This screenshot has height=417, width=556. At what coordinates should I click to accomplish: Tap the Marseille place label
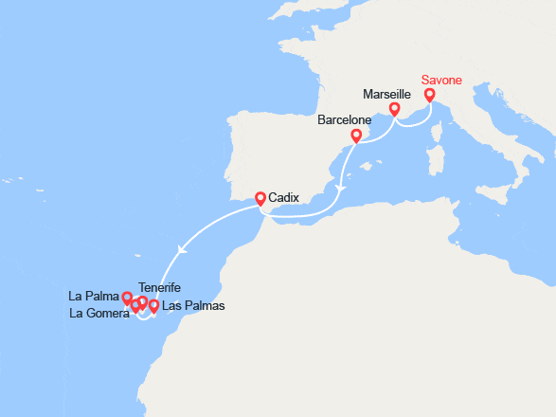click(x=386, y=95)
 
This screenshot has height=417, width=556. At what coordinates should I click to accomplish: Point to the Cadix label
click(x=284, y=198)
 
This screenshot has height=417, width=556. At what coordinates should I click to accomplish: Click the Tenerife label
click(x=159, y=287)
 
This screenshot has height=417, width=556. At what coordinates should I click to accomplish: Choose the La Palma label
click(x=94, y=295)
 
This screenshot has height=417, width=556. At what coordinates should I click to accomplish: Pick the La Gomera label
click(x=99, y=314)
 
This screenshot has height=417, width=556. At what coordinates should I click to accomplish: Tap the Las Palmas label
click(x=194, y=306)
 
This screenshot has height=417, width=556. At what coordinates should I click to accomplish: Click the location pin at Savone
click(x=430, y=95)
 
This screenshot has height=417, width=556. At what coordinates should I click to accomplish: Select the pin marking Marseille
click(x=394, y=110)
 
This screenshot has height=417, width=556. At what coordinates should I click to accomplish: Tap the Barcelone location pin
click(x=356, y=136)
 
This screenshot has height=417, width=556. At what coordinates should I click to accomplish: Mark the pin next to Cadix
click(x=260, y=199)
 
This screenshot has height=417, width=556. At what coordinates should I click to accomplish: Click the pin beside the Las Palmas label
click(x=153, y=306)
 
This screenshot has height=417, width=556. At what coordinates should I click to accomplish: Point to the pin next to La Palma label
click(x=127, y=299)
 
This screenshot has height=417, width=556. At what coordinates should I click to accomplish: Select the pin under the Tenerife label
click(x=143, y=303)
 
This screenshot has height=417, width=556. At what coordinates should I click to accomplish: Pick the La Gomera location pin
click(x=135, y=306)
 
